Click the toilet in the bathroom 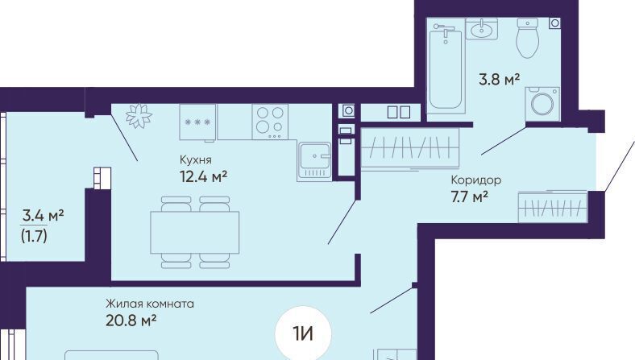pyautogui.click(x=528, y=39)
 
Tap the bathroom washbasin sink pyautogui.click(x=482, y=29)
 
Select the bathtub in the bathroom pyautogui.click(x=446, y=68)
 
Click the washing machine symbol pyautogui.click(x=542, y=104)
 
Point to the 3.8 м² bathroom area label pyautogui.click(x=499, y=80)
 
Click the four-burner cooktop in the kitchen pyautogui.click(x=270, y=122)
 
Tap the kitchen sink pyautogui.click(x=314, y=161)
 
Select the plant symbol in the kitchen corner pyautogui.click(x=139, y=115)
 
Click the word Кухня pyautogui.click(x=196, y=160)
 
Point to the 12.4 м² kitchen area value pyautogui.click(x=203, y=176)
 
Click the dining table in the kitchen pyautogui.click(x=195, y=233)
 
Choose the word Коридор pyautogui.click(x=475, y=180)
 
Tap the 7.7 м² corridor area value pyautogui.click(x=469, y=197)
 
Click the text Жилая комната pyautogui.click(x=150, y=304)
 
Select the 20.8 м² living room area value pyautogui.click(x=131, y=321)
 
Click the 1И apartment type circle pyautogui.click(x=303, y=334)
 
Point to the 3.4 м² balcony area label pyautogui.click(x=43, y=215)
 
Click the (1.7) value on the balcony pyautogui.click(x=34, y=236)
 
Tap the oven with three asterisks pyautogui.click(x=197, y=122)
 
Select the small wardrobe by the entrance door pyautogui.click(x=552, y=207)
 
